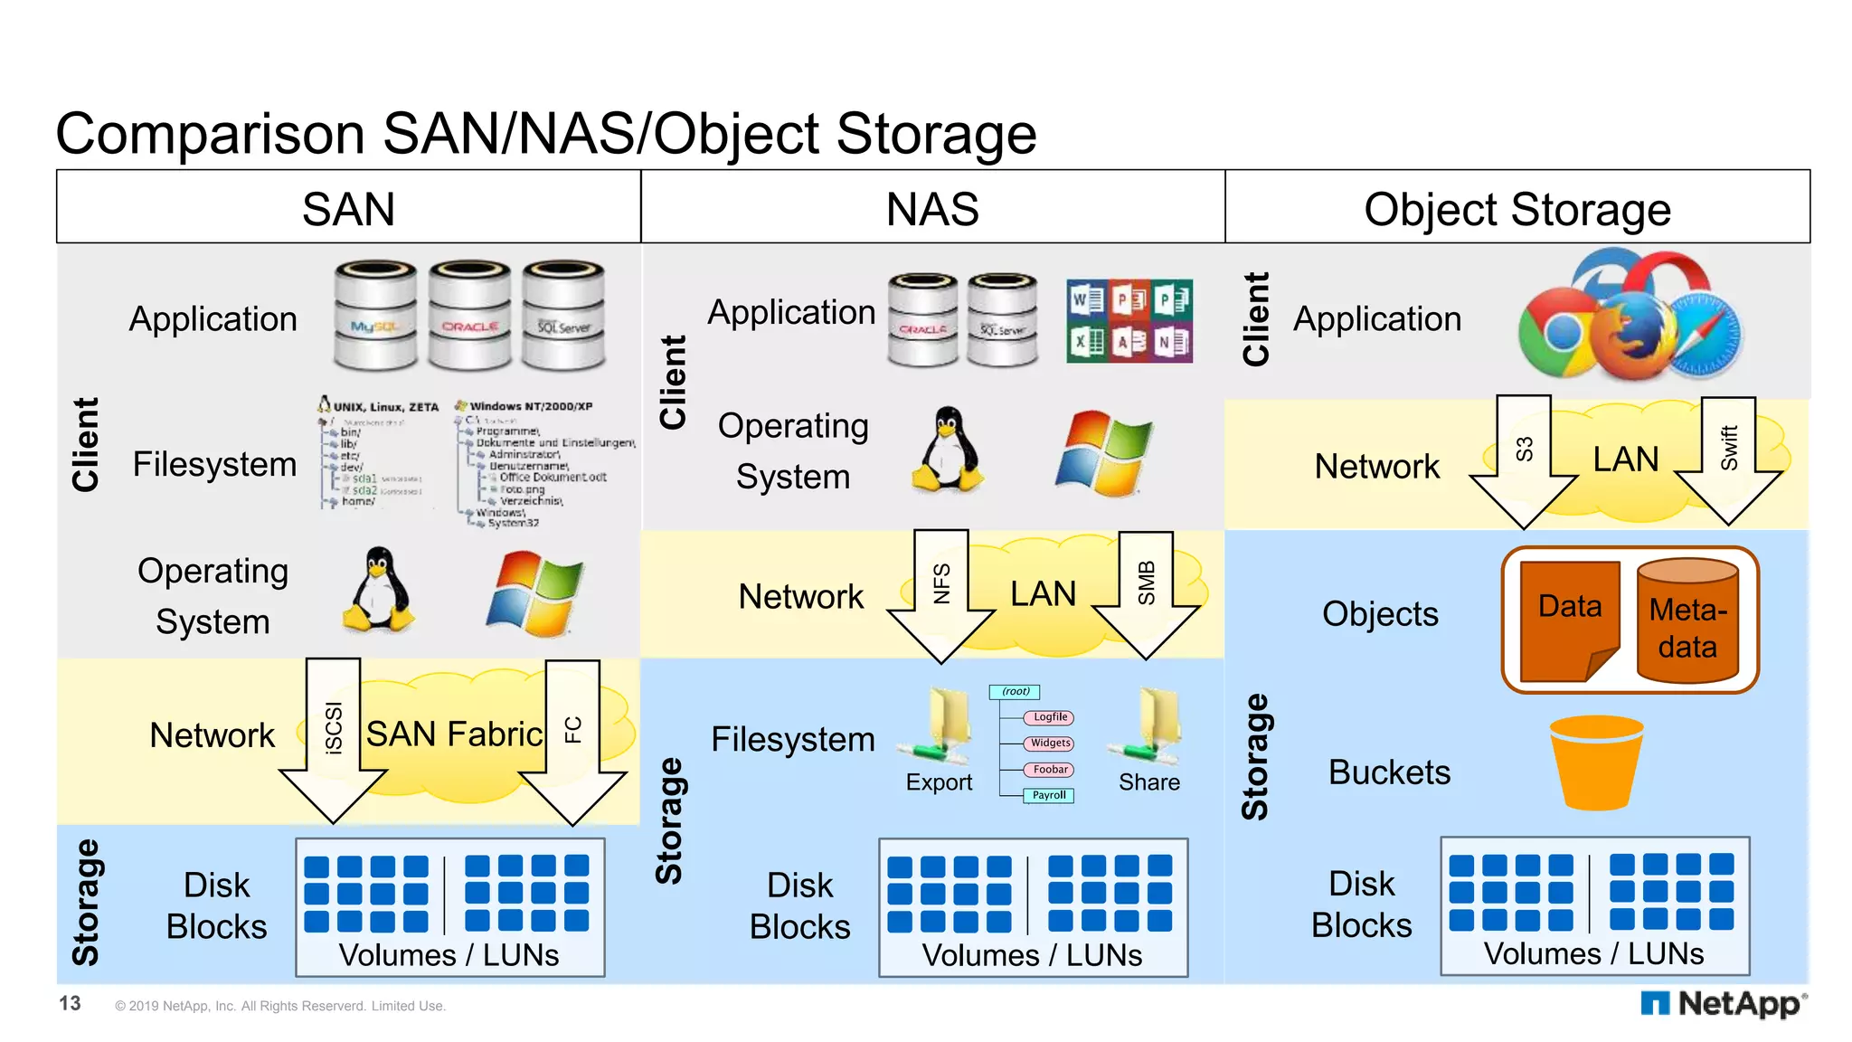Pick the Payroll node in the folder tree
point(1049,795)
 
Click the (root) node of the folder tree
point(1015,691)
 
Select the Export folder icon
point(940,728)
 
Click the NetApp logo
point(1724,1003)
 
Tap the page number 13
point(70,1003)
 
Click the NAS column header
point(932,208)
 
